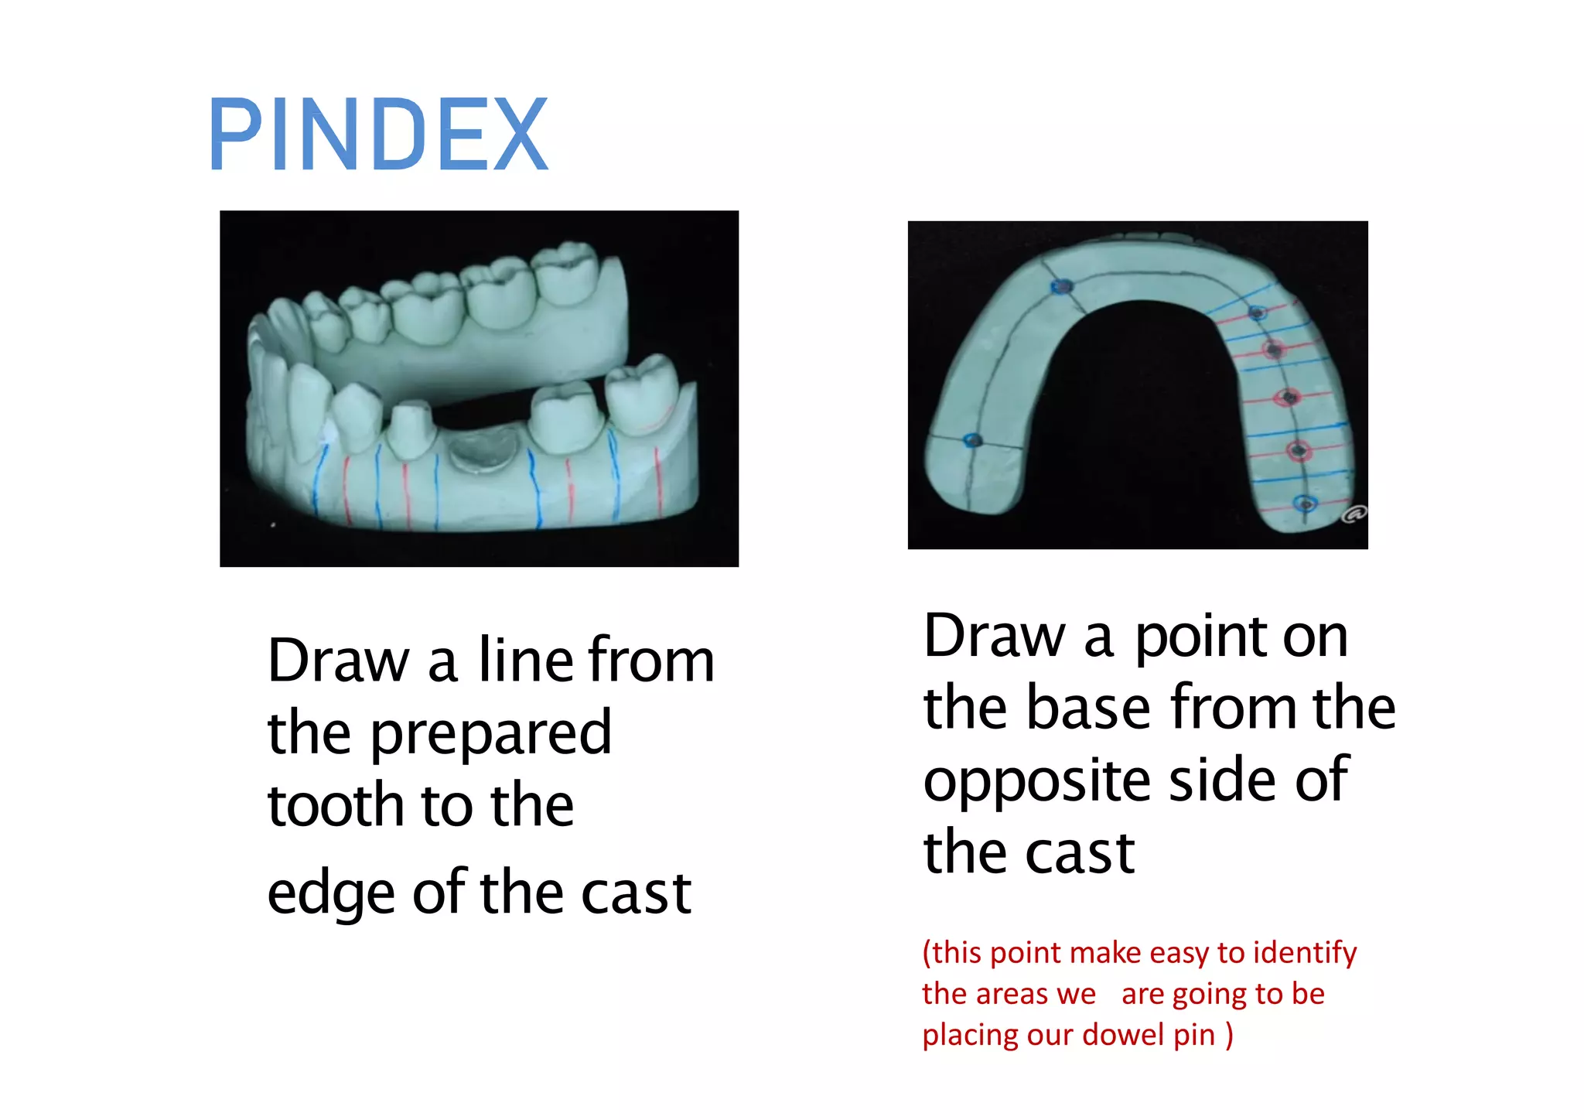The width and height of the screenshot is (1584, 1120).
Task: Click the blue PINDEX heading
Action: [379, 135]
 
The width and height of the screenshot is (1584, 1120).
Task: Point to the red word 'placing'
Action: [969, 1035]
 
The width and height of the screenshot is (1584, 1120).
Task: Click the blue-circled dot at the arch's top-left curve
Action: [1063, 287]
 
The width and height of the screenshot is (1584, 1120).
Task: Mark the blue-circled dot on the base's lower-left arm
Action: [974, 441]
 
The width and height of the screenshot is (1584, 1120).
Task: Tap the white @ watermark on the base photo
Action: [1354, 514]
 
